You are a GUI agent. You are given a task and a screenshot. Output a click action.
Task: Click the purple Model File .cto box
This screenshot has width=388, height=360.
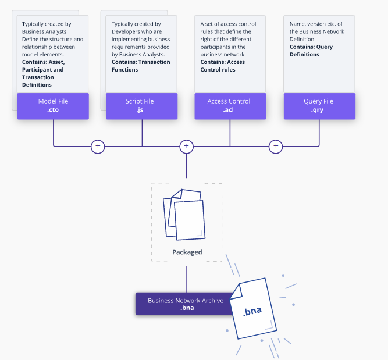53,106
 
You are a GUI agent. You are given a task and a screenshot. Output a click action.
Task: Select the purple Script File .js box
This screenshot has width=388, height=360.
141,106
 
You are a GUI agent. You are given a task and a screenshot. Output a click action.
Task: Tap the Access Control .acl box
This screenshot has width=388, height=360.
230,106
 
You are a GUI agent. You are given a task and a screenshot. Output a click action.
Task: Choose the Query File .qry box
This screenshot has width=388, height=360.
319,106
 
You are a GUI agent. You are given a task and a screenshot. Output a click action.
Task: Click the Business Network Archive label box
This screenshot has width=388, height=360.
185,304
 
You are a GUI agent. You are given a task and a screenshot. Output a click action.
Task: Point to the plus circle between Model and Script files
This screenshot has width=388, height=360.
98,147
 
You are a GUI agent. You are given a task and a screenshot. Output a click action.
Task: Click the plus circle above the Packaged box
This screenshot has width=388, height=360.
186,147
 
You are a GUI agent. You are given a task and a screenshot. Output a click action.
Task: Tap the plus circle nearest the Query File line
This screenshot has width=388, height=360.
276,147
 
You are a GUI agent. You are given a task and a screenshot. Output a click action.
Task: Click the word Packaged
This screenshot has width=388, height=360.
187,252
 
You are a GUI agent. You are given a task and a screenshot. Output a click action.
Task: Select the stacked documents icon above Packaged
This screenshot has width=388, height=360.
184,215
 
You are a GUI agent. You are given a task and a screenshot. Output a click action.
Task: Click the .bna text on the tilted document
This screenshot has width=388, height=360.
252,311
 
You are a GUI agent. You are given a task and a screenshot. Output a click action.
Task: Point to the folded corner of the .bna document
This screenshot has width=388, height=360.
237,292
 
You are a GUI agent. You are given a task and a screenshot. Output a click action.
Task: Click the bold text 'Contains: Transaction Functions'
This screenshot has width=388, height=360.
141,66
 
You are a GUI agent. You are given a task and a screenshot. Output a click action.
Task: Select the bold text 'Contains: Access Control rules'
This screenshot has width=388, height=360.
222,66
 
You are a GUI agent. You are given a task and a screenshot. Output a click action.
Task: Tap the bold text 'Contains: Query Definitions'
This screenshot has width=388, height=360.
311,51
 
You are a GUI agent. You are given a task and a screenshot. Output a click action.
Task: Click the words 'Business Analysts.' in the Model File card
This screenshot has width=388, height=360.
45,31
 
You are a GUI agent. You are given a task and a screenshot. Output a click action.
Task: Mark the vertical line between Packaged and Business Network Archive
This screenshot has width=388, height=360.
186,279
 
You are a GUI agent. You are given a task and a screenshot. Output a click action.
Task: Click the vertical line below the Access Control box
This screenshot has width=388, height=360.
230,133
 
